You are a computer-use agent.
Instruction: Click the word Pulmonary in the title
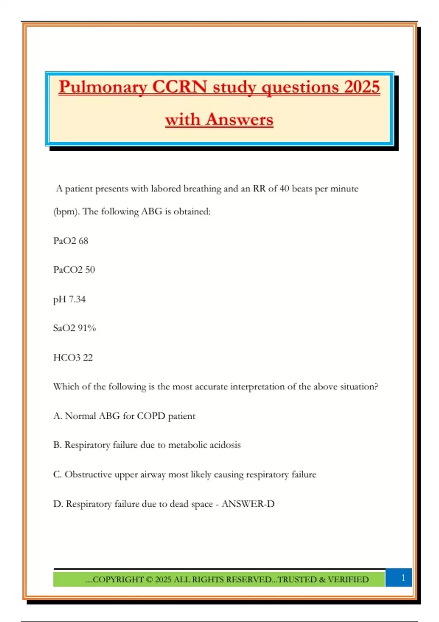[x=103, y=87]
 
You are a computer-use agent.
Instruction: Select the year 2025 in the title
[x=362, y=87]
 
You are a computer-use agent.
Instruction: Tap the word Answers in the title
[x=239, y=120]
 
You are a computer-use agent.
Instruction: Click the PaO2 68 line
[x=71, y=241]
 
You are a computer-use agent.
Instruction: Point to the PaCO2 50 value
[x=74, y=270]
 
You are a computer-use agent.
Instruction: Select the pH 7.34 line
[x=69, y=299]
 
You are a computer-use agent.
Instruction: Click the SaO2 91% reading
[x=74, y=328]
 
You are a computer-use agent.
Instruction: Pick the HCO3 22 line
[x=73, y=357]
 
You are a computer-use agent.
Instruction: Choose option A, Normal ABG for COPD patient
[x=124, y=416]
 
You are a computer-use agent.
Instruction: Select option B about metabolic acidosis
[x=147, y=445]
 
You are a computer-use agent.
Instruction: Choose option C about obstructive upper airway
[x=184, y=475]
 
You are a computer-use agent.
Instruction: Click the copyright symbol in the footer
[x=149, y=580]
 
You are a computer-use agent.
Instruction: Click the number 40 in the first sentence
[x=284, y=188]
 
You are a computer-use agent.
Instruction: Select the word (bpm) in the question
[x=66, y=212]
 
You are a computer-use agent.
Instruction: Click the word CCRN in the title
[x=179, y=87]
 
